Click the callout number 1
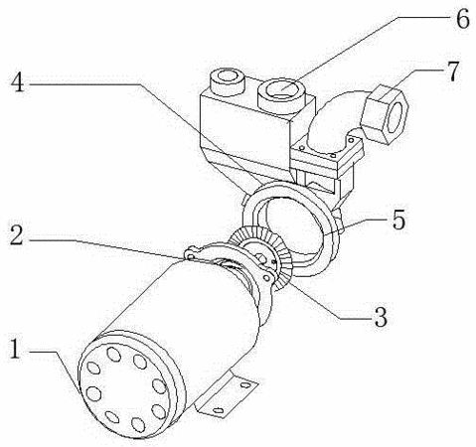15,349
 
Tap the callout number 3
380,317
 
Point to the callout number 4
18,82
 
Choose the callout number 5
398,220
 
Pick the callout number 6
463,19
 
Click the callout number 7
452,72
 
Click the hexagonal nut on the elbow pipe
386,113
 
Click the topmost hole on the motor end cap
114,354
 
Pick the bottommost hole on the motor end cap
138,424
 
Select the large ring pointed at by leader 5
290,228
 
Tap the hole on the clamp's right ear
266,278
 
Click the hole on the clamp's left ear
190,256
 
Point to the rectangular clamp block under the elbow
326,156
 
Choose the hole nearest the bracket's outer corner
245,385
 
